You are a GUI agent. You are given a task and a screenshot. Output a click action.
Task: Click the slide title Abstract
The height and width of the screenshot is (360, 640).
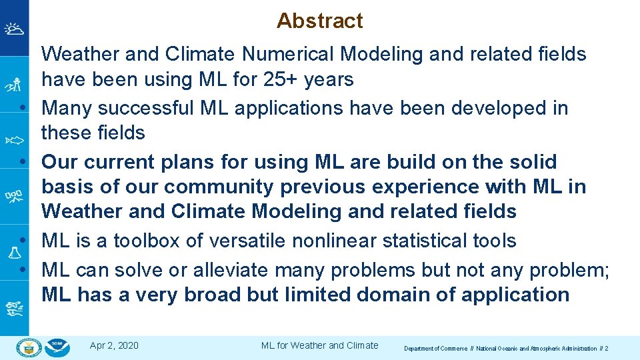coord(319,21)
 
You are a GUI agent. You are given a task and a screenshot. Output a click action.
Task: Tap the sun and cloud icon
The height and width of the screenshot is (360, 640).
coord(14,29)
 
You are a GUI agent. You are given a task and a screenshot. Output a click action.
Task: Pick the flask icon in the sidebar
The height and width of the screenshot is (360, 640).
coord(14,252)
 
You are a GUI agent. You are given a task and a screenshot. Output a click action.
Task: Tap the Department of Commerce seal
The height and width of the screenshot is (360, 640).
coord(29,347)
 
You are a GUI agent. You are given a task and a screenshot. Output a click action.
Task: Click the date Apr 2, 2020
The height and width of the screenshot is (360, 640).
coord(114,345)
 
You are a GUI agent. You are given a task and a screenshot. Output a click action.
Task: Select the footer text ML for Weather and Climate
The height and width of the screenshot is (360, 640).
coord(319,345)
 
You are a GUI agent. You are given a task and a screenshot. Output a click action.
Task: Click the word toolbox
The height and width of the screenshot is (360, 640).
coord(142,241)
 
